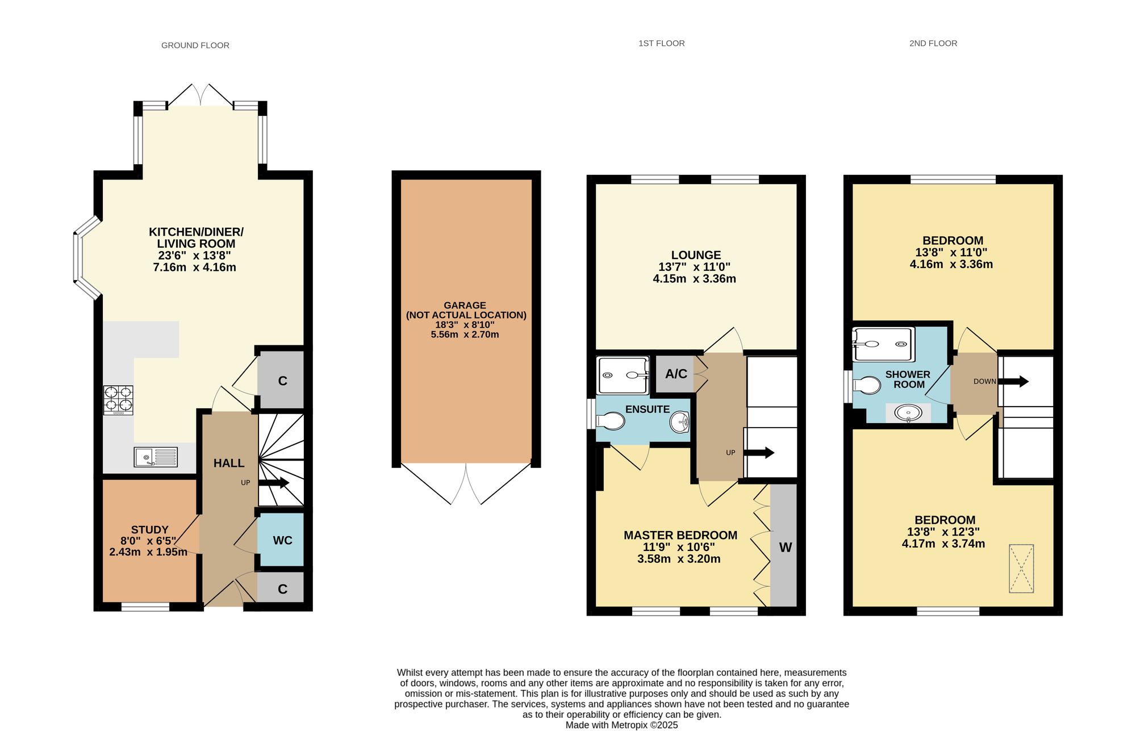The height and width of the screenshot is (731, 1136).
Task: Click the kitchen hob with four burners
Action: (118, 400)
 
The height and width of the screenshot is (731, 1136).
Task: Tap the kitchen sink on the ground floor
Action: (156, 457)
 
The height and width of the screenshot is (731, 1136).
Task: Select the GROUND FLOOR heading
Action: (195, 45)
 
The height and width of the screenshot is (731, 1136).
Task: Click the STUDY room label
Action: (150, 530)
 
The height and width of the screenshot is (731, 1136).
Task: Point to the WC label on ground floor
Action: (282, 540)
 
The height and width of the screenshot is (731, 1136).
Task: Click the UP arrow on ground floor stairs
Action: (274, 483)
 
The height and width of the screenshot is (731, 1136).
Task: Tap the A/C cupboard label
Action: (676, 374)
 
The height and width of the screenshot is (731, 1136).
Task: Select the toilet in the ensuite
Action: (609, 421)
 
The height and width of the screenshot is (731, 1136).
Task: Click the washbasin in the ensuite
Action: (680, 422)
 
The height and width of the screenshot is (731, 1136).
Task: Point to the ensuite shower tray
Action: (623, 375)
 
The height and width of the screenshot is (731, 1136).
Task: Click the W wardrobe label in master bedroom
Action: (786, 548)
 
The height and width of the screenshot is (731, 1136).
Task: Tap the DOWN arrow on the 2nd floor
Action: (1013, 381)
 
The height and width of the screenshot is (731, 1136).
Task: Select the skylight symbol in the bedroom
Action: (1021, 569)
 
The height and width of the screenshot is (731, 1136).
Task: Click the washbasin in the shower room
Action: (908, 413)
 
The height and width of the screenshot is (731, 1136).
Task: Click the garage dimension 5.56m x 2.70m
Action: (465, 335)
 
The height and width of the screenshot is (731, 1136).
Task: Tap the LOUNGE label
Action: (696, 255)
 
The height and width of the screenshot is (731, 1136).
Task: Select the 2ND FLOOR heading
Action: (933, 43)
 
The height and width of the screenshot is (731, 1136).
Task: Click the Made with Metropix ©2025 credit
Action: (621, 725)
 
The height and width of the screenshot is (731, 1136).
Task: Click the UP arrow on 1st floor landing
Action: (759, 453)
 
